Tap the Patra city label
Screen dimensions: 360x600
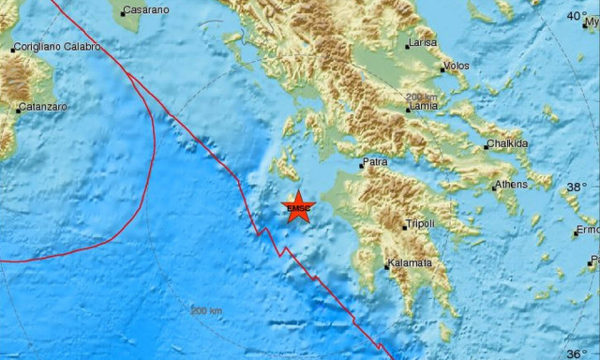(x=376, y=162)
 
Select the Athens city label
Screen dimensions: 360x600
(x=512, y=185)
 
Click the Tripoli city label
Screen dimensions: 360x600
(x=419, y=224)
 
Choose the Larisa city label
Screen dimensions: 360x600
(x=422, y=43)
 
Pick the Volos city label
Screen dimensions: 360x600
(x=457, y=67)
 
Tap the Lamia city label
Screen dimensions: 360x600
(x=422, y=108)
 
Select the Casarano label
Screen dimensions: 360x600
(x=148, y=10)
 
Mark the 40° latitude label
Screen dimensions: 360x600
(x=577, y=16)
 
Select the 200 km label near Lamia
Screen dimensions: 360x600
(x=422, y=97)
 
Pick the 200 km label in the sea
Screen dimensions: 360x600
(x=206, y=310)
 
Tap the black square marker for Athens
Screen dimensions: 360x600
(x=494, y=187)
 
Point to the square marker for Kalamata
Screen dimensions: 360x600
(x=387, y=266)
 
